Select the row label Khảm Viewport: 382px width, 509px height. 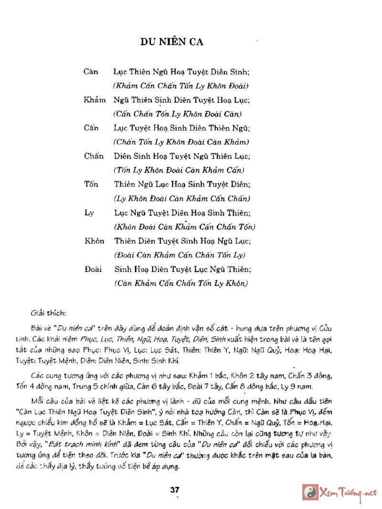pyautogui.click(x=95, y=101)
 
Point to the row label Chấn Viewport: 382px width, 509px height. pyautogui.click(x=94, y=156)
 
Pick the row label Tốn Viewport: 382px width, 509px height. pyautogui.click(x=91, y=185)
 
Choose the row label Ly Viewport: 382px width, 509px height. pyautogui.click(x=89, y=213)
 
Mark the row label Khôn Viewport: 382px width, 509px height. pyautogui.click(x=94, y=241)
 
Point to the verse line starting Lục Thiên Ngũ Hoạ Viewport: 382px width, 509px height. pyautogui.click(x=182, y=72)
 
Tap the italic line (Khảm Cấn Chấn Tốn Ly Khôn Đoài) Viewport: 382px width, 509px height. pyautogui.click(x=180, y=86)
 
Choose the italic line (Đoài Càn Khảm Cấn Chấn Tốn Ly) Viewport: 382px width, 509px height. pyautogui.click(x=180, y=255)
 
